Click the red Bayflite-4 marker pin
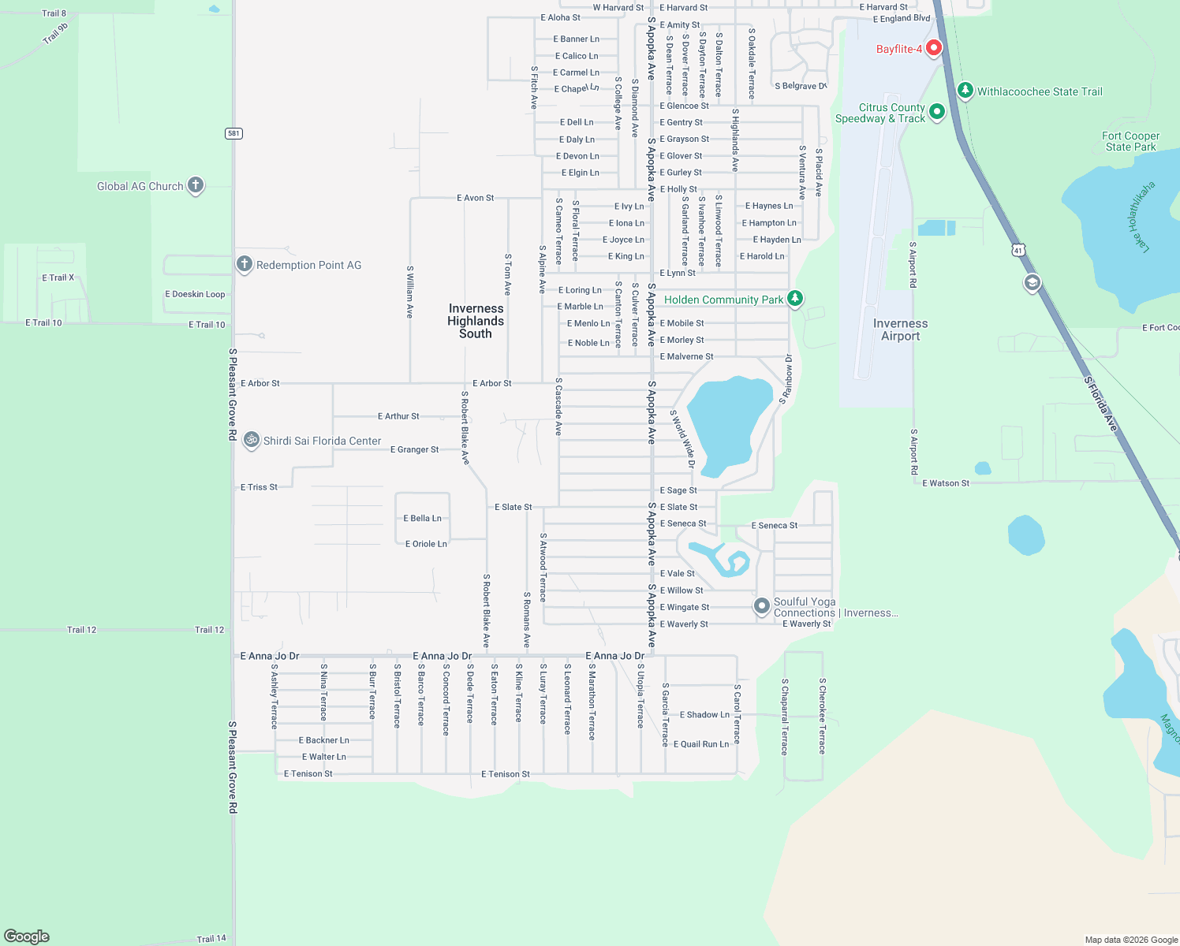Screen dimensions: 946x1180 coord(934,48)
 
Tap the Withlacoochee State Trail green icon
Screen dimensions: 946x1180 coord(965,90)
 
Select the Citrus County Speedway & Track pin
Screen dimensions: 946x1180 coord(937,112)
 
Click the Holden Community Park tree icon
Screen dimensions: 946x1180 coord(795,298)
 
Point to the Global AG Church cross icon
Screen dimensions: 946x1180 coord(196,185)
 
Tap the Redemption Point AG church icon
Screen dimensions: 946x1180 coord(245,264)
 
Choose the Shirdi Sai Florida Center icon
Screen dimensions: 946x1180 coord(252,440)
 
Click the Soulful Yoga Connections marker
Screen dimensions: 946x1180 coord(761,605)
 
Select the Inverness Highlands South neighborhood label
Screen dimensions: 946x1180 coord(476,321)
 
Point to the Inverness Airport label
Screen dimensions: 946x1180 coord(900,330)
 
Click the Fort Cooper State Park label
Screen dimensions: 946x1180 coord(1130,141)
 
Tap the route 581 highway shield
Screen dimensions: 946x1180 coord(233,133)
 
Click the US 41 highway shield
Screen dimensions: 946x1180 coord(1018,251)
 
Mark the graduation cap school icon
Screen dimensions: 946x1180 coord(1032,283)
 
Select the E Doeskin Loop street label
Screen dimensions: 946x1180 coord(195,294)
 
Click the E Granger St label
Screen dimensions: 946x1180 coord(414,449)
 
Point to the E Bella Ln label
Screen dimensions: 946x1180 coord(422,518)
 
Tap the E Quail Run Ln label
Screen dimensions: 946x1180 coord(700,744)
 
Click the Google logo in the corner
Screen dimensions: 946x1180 coord(27,936)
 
